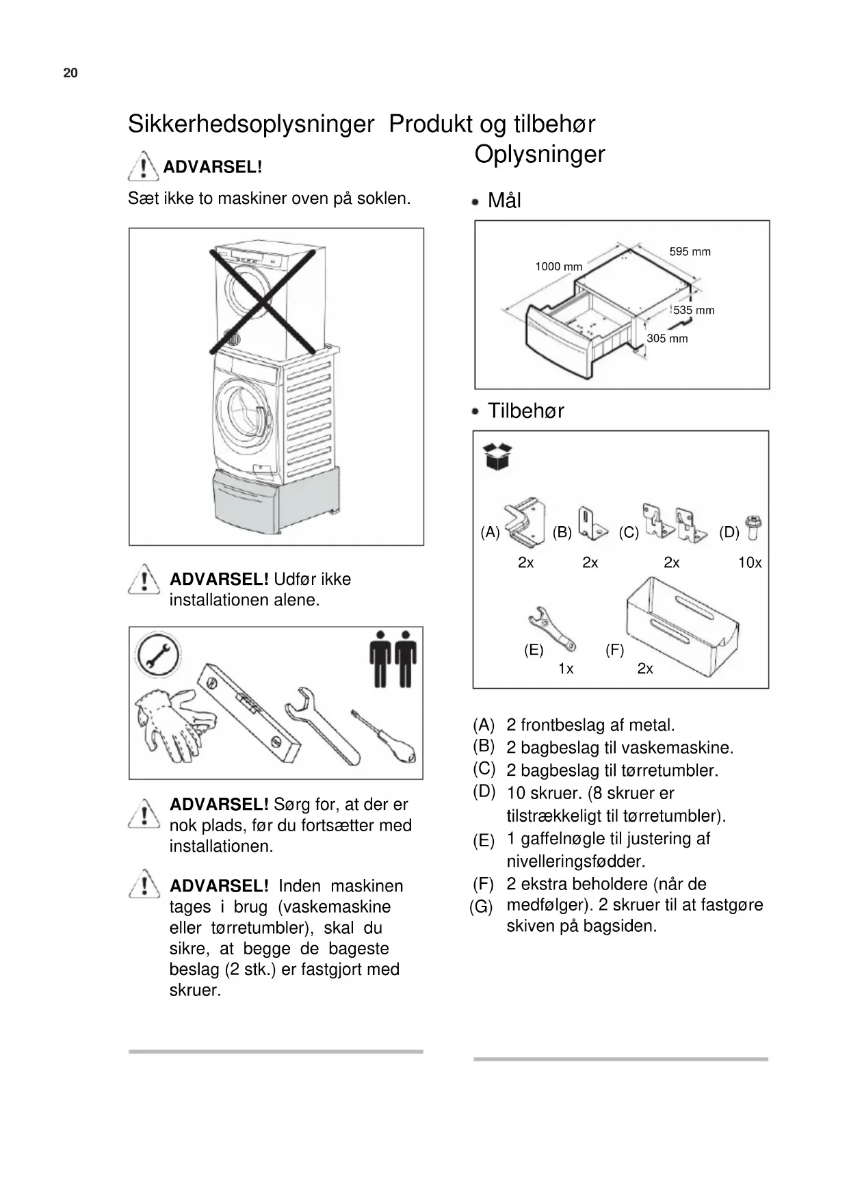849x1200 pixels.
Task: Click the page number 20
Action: point(70,73)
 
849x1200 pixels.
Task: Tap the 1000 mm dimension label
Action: point(558,266)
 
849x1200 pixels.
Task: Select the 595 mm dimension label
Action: point(690,252)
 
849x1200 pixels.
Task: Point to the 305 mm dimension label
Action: point(667,338)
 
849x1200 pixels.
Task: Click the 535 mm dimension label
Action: point(694,310)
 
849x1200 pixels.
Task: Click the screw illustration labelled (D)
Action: point(755,528)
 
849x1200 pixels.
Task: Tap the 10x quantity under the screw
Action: point(750,562)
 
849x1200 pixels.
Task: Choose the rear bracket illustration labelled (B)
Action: point(590,523)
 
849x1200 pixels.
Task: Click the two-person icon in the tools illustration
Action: point(393,658)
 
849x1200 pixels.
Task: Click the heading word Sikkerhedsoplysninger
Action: point(250,125)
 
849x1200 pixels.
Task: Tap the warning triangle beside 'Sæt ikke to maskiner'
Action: point(143,166)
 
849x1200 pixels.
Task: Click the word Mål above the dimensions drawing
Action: point(504,200)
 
